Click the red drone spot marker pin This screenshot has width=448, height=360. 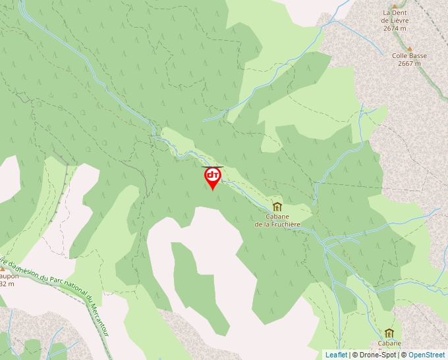coord(213,177)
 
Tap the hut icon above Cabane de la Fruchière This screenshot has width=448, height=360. coord(277,207)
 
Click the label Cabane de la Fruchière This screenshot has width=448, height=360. coord(277,220)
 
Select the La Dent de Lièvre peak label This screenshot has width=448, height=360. coord(395,16)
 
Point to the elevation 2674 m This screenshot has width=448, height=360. coord(395,28)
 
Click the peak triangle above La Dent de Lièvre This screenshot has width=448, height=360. coord(395,6)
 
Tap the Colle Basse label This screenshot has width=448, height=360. coord(409,56)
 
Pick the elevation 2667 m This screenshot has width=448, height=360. coord(409,64)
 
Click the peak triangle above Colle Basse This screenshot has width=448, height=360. coord(409,48)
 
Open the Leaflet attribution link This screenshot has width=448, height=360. coord(336,355)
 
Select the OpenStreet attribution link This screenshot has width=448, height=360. coord(426,355)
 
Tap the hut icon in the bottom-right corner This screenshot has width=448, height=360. coord(389,333)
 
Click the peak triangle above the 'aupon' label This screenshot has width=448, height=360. coord(3,269)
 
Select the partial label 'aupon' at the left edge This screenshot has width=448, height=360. coord(9,276)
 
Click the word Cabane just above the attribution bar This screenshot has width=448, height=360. coord(389,343)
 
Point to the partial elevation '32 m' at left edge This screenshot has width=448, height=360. coord(7,284)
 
